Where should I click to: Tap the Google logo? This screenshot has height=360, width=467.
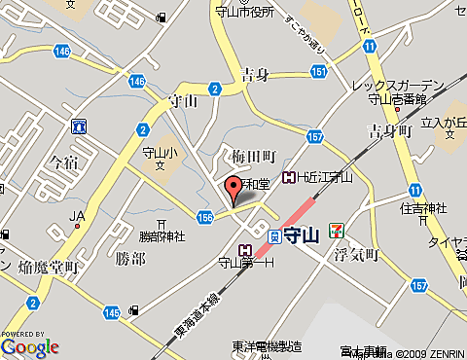click(30, 345)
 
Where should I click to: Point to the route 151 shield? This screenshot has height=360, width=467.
click(317, 71)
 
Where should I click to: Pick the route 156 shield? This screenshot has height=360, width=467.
click(204, 217)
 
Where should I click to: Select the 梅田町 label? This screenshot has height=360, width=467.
click(256, 157)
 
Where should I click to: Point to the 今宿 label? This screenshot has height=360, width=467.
click(62, 162)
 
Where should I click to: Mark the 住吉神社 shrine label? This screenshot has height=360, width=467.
click(422, 208)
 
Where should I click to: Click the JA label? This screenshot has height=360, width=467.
click(78, 215)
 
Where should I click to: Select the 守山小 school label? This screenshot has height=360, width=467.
click(157, 151)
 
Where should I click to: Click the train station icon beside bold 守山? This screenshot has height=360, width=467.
click(275, 235)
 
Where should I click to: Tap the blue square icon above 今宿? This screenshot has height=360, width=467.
click(78, 126)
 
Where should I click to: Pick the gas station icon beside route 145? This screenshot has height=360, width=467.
click(134, 310)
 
